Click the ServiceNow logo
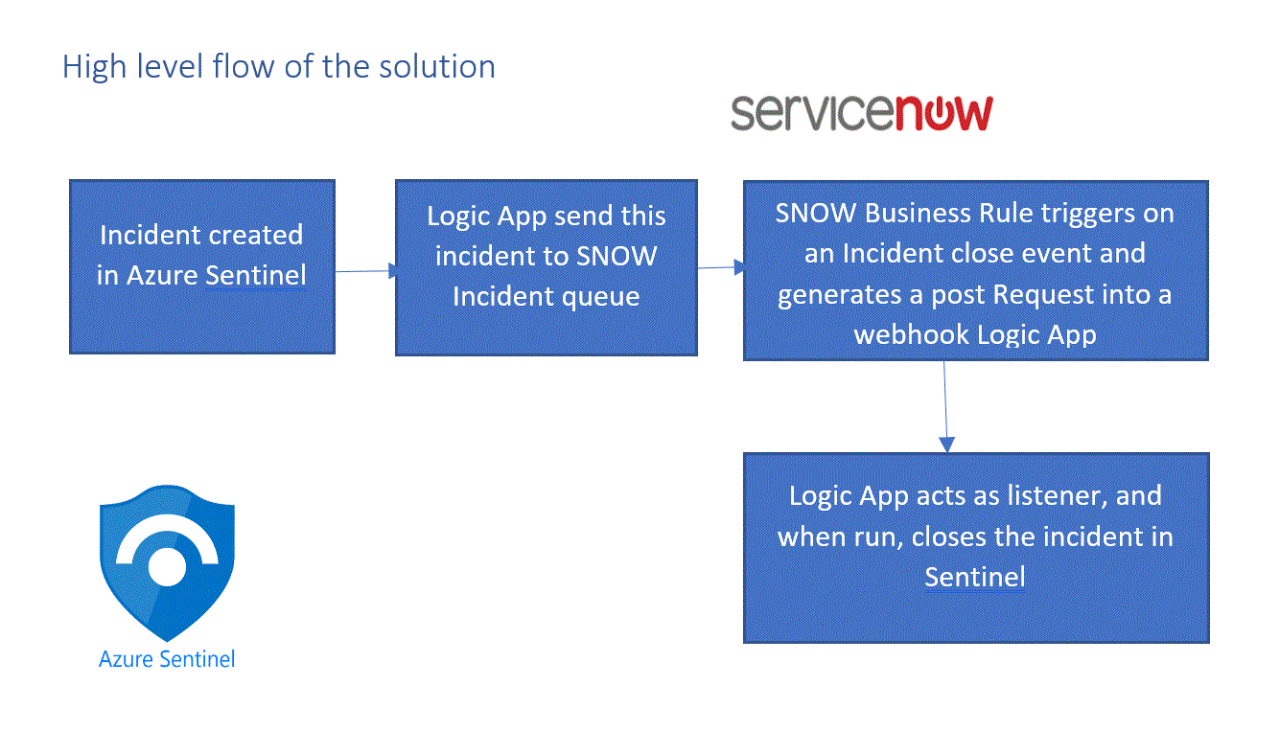coord(861,113)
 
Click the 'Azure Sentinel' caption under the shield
coord(167,659)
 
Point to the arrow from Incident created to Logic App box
coord(365,271)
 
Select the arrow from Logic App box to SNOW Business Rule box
coord(720,267)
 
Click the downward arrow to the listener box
coord(945,406)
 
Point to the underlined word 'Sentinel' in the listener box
coord(975,577)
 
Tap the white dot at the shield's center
coord(167,567)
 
